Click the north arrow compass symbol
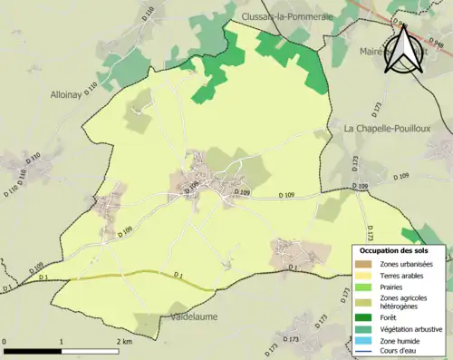402,51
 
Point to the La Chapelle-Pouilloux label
387,129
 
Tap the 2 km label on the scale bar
123,342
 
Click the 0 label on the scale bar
5,342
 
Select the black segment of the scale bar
34,350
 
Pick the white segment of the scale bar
90,350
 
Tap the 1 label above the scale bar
62,342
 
